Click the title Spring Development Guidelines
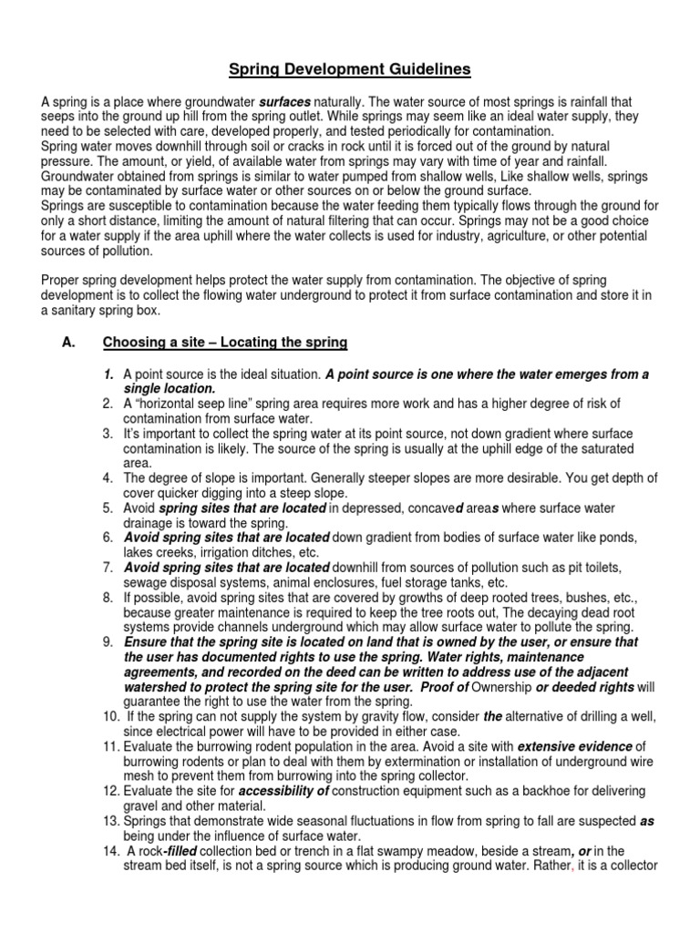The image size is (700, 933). tap(350, 69)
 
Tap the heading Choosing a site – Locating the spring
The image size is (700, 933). tap(225, 343)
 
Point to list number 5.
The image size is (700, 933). tap(107, 508)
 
